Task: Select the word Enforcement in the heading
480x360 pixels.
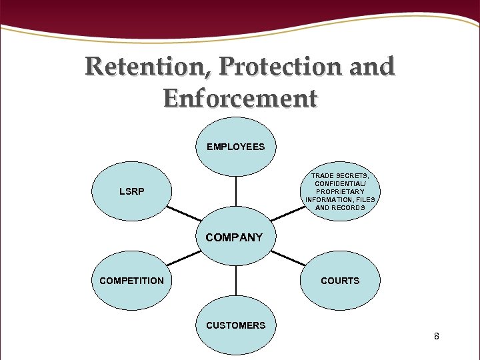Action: pos(240,99)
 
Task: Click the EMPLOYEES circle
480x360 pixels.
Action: pos(235,147)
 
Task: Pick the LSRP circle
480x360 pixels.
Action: pos(131,192)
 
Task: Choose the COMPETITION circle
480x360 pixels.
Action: pos(131,281)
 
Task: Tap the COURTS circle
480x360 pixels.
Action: pos(340,281)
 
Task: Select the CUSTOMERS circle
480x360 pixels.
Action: pos(235,325)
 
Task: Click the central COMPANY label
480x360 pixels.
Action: pos(234,237)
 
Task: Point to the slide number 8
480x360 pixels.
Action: pos(436,336)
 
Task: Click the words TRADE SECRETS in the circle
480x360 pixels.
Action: pos(340,175)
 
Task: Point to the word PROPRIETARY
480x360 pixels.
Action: pos(340,191)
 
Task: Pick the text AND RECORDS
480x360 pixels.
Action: pos(340,207)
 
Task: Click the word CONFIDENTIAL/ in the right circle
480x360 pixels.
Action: pos(340,183)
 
